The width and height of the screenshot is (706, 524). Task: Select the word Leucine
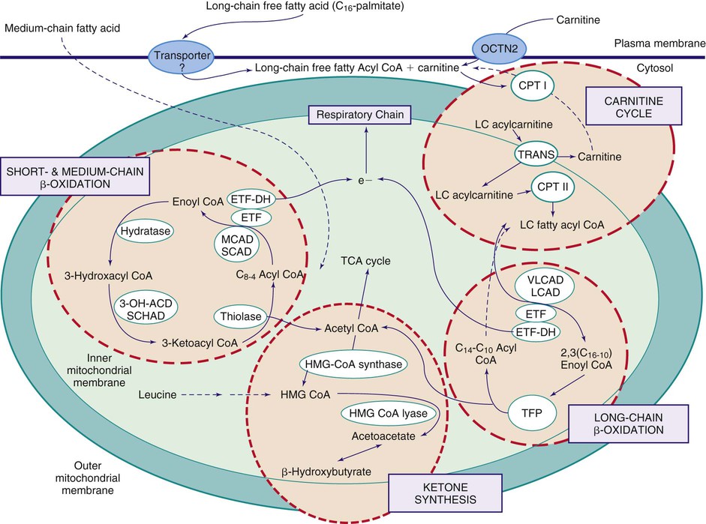point(158,392)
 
